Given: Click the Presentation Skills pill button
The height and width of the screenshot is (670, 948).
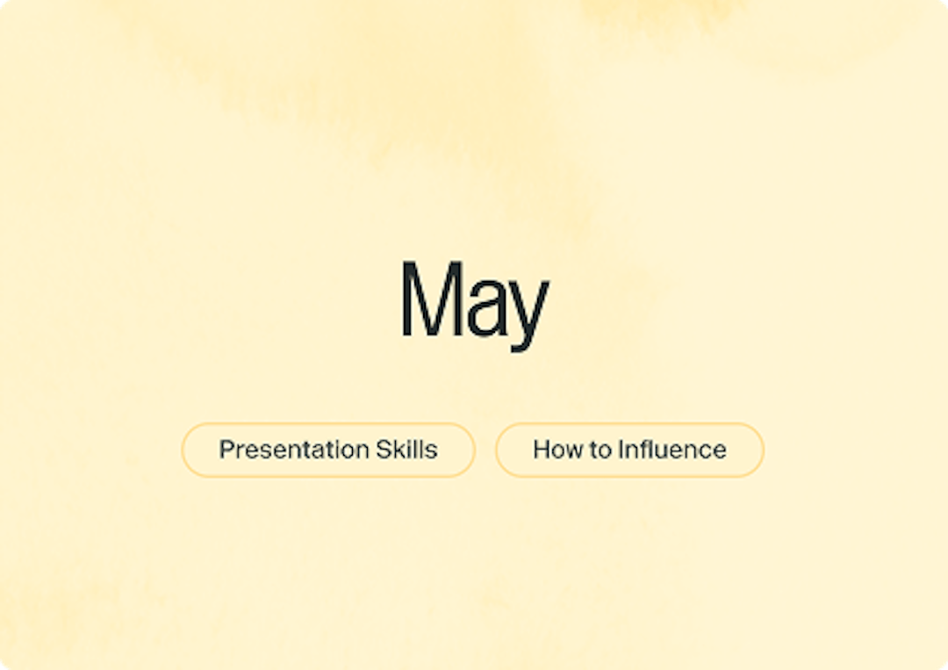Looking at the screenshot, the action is (x=328, y=450).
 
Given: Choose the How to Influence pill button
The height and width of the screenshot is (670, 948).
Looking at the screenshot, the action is (x=629, y=450).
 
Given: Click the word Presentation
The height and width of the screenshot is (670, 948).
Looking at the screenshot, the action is (x=294, y=450).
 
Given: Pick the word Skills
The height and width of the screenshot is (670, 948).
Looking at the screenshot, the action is (x=407, y=450).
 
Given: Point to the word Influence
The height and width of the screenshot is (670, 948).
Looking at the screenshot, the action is (x=672, y=450).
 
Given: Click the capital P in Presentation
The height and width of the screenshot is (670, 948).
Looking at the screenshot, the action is (x=226, y=450).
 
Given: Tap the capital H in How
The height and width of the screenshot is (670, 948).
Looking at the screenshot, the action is (x=541, y=450).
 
